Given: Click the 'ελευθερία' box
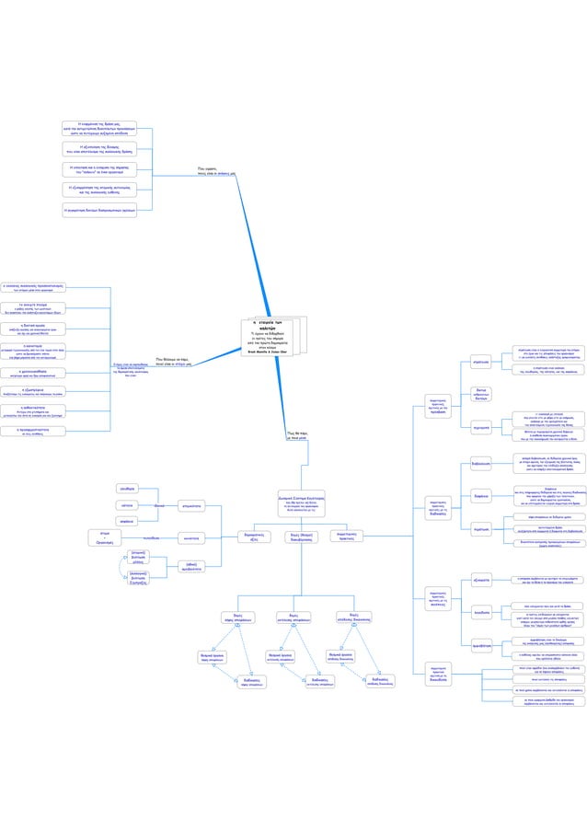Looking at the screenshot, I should click(x=129, y=489).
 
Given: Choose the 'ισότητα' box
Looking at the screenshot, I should click(x=129, y=505).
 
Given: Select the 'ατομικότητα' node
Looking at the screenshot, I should click(x=192, y=505).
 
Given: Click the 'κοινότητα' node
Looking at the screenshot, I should click(x=192, y=537).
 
